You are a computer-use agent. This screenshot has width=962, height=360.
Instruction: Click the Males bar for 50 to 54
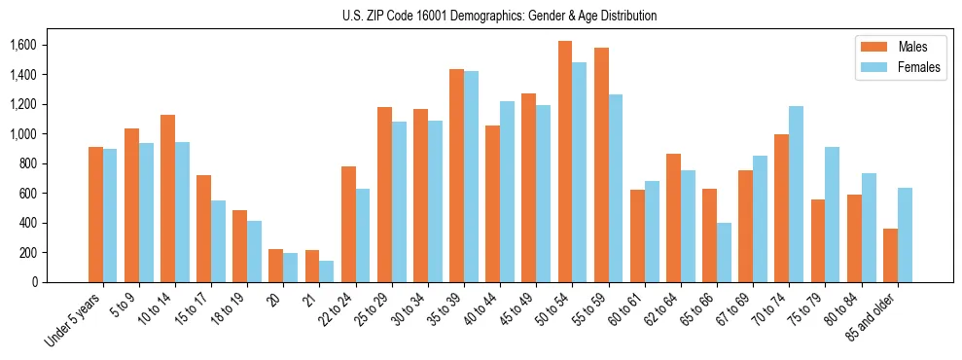click(x=565, y=162)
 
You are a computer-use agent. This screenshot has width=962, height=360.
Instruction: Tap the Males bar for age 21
click(x=312, y=266)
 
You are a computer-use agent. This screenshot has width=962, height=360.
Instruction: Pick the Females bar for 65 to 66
click(x=725, y=252)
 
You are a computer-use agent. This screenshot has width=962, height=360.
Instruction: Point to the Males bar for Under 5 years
click(x=95, y=214)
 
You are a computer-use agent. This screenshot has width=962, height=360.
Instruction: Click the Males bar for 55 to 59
click(x=601, y=164)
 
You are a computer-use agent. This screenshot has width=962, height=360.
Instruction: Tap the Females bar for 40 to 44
click(x=508, y=192)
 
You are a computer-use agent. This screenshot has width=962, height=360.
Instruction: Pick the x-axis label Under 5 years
click(x=72, y=320)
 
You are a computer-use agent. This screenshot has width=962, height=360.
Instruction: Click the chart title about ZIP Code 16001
click(x=499, y=16)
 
